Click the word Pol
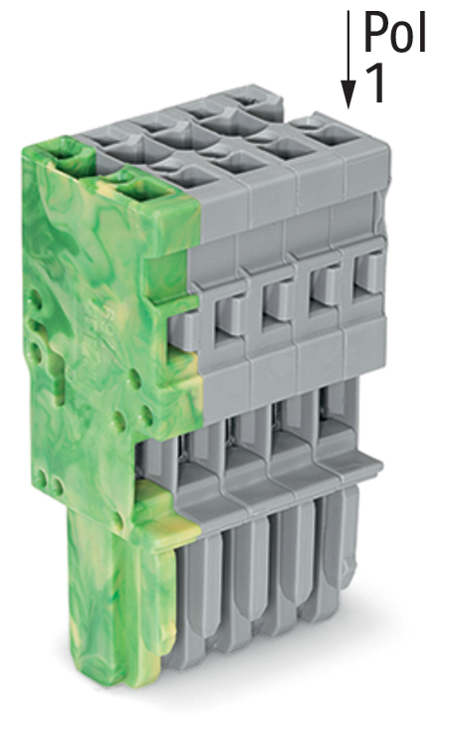[395, 33]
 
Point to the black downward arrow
[347, 60]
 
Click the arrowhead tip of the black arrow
[347, 105]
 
